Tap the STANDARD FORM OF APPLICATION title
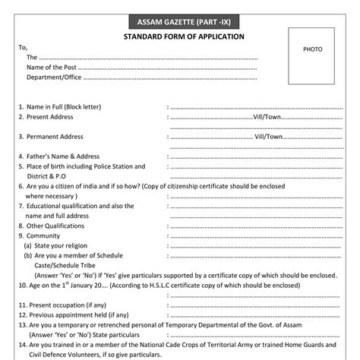[184, 36]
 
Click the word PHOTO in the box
[313, 49]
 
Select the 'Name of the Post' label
[51, 67]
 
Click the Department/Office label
[53, 77]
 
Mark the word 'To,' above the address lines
[23, 47]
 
